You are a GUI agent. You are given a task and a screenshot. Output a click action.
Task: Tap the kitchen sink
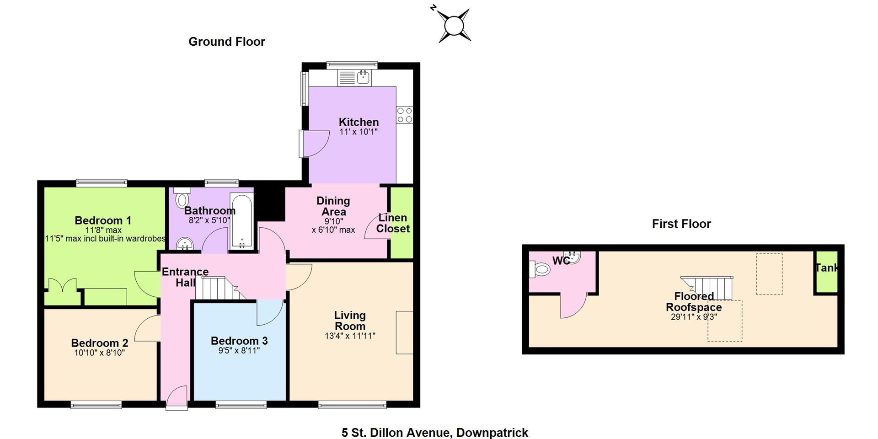(354, 78)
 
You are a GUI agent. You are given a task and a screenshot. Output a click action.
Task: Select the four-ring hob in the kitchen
(405, 115)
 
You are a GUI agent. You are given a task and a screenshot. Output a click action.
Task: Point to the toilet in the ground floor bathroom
(182, 198)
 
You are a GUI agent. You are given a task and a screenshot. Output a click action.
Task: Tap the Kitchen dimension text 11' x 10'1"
(359, 132)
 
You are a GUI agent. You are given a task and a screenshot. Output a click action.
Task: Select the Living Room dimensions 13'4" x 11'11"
(350, 336)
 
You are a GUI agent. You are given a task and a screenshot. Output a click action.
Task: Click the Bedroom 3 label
(239, 341)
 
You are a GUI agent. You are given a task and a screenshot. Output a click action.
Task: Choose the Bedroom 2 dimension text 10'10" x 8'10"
(99, 353)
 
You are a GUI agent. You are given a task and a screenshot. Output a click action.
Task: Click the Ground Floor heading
(227, 42)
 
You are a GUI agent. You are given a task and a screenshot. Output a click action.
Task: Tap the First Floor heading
(681, 224)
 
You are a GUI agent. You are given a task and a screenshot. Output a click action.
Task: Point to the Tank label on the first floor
(827, 268)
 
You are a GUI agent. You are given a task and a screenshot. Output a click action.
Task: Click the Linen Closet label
(393, 223)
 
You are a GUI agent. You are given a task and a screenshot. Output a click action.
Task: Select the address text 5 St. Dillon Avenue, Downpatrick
(435, 432)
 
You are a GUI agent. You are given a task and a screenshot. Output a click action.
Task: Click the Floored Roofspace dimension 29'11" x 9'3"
(694, 317)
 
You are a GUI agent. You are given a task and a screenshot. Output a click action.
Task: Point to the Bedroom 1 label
(103, 220)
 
